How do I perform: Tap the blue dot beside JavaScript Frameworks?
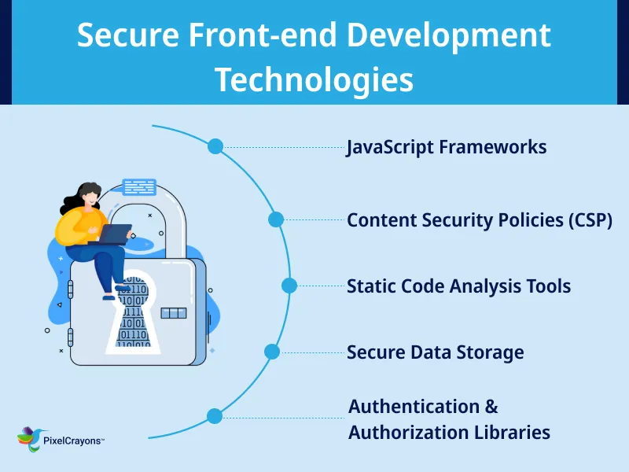tap(215, 146)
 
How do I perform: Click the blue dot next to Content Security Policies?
tap(276, 219)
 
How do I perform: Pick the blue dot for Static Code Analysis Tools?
tap(289, 286)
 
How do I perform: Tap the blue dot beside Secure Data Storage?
tap(272, 352)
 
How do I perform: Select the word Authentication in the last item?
tap(414, 407)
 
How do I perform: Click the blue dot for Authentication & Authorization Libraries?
tap(214, 416)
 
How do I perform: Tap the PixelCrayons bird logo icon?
tap(29, 439)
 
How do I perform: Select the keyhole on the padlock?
tap(132, 315)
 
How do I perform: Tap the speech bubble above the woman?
tap(139, 187)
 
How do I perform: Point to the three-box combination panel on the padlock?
tap(173, 313)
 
